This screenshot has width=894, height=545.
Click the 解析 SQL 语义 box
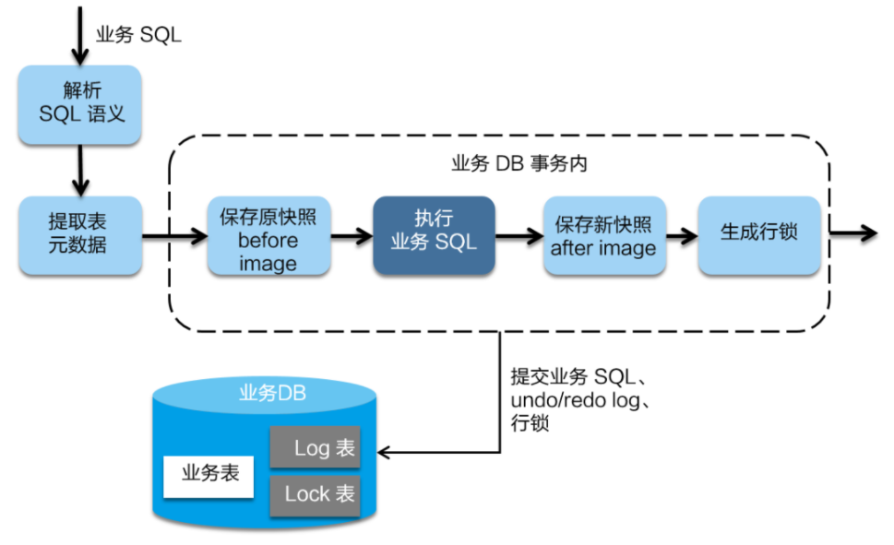pos(80,103)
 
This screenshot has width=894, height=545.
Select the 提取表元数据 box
pos(80,234)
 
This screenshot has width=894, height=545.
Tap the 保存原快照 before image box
pos(268,236)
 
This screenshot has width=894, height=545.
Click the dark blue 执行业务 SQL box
pos(434,235)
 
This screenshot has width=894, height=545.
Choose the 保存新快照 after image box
pos(603,236)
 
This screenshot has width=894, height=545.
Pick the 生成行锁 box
pos(758,235)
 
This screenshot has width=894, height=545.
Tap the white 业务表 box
pos(210,474)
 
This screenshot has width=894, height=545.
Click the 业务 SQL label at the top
pos(138,35)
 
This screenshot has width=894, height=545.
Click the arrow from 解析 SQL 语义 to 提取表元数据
pos(80,169)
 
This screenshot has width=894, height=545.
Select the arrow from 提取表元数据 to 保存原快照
pos(174,236)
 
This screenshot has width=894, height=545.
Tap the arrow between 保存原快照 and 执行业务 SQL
pos(351,236)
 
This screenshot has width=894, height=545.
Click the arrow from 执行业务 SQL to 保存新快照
pos(519,236)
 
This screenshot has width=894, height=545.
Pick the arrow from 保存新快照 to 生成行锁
pos(681,236)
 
